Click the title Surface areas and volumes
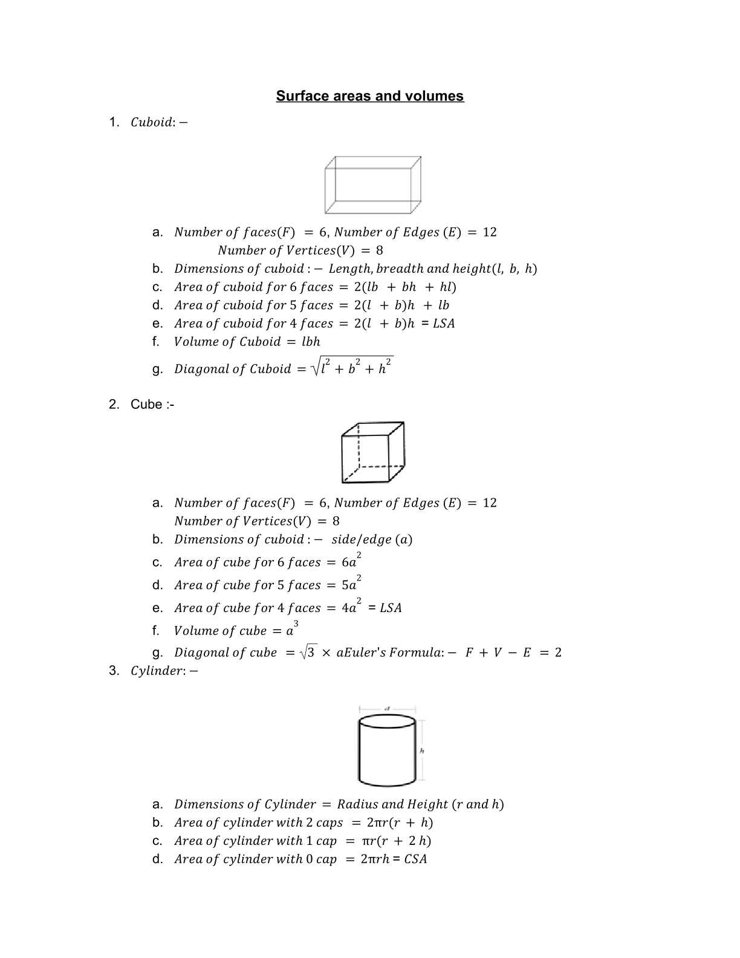(369, 96)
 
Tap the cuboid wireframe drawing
(372, 184)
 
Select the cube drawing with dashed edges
(372, 452)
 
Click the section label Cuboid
(152, 122)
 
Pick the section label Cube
(146, 405)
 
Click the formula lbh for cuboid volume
(311, 342)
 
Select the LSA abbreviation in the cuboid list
(444, 324)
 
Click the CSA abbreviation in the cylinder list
(415, 859)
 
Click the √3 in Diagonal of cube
(308, 652)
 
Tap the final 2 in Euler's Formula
(557, 653)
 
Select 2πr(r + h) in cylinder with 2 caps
(400, 823)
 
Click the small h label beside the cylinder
(422, 751)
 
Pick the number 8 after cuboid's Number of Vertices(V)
(379, 250)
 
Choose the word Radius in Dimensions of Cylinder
(357, 804)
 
